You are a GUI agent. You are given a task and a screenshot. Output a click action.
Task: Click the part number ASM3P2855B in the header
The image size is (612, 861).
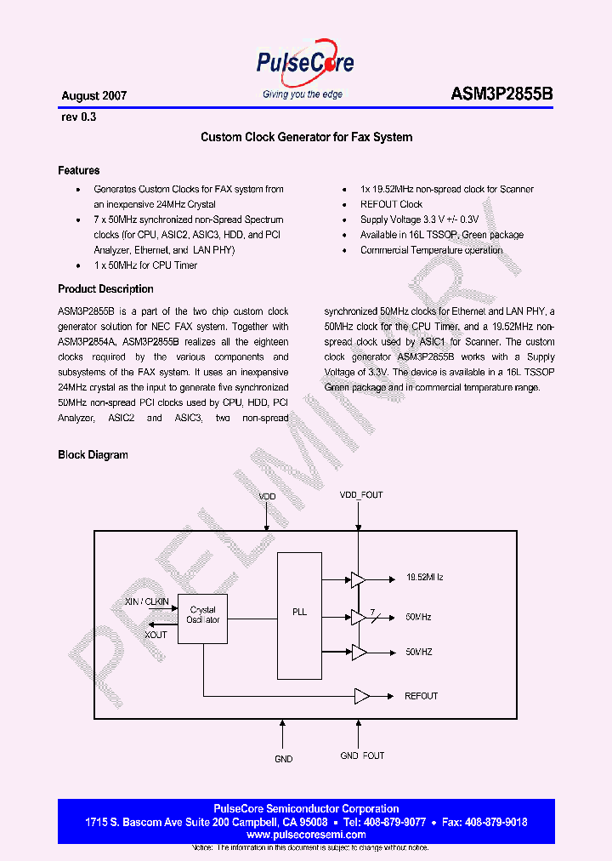pos(501,95)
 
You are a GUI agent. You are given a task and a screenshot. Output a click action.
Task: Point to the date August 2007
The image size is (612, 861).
pos(94,96)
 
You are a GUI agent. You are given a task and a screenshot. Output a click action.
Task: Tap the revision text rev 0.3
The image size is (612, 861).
pos(79,117)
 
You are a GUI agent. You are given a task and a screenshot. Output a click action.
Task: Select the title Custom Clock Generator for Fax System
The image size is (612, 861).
pos(306,137)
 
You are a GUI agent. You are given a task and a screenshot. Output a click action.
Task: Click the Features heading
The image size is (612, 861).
pos(79,170)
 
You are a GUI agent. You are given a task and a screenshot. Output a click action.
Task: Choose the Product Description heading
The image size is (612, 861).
pos(105,289)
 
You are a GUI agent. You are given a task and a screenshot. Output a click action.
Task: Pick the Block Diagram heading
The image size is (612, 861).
pos(93,454)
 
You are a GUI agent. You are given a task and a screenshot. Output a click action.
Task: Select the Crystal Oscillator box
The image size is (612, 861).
pos(203,615)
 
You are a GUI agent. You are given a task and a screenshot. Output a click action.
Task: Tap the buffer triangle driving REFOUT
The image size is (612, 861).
pos(362,696)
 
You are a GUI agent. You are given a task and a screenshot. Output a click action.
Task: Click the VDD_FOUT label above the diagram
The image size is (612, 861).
pos(361,494)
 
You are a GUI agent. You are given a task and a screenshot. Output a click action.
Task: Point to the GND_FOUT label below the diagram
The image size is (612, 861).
pos(362,756)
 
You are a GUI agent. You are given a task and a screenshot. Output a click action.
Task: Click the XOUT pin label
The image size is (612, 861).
pos(156,635)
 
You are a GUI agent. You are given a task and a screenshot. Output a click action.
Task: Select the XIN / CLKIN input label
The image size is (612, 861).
pos(146,602)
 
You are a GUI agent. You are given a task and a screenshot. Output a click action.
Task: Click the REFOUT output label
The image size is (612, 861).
pos(422,696)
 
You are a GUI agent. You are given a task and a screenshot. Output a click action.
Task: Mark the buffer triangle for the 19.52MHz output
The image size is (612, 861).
pos(358,579)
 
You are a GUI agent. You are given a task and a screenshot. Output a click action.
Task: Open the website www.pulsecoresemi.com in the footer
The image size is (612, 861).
pos(306,835)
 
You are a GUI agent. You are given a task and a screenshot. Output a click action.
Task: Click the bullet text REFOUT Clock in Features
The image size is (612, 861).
pos(391,204)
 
